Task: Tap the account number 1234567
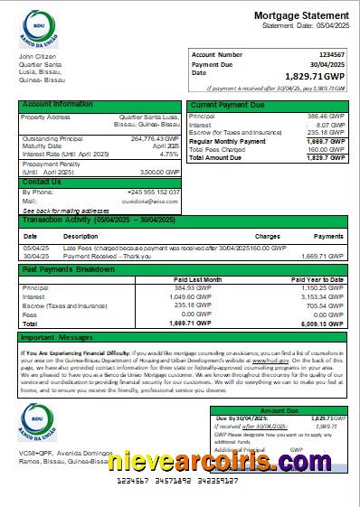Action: click(x=327, y=55)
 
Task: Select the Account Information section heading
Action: click(x=57, y=105)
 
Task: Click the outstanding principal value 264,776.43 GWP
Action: click(x=155, y=138)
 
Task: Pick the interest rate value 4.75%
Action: click(x=168, y=154)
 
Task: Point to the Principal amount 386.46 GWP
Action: click(x=327, y=117)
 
